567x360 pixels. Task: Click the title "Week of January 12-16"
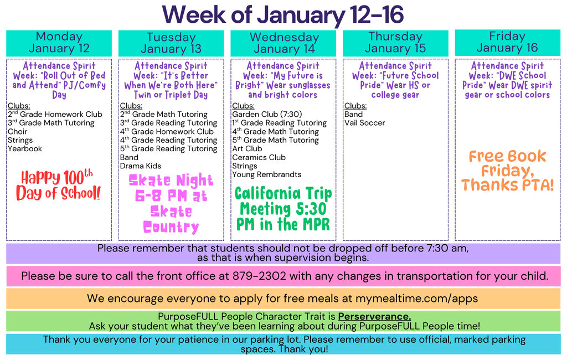point(283,14)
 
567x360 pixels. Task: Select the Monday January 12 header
point(59,43)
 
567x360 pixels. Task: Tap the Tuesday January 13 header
point(171,43)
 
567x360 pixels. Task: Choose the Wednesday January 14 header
point(283,43)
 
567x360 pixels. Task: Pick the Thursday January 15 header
point(395,43)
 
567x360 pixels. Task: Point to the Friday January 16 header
point(507,42)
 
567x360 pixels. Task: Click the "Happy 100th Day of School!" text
point(59,186)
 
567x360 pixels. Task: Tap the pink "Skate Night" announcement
point(171,204)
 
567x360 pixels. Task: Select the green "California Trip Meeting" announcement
point(283,209)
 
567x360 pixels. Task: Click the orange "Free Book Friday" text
point(507,171)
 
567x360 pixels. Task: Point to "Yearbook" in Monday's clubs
point(25,148)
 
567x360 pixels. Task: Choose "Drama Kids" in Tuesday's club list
point(141,166)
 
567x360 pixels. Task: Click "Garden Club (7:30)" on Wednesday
point(267,114)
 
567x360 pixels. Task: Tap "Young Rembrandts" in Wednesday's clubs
point(267,174)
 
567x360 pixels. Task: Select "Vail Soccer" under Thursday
point(364,123)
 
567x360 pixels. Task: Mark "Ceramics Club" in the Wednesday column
point(259,157)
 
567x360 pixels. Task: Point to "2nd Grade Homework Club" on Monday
point(55,114)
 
